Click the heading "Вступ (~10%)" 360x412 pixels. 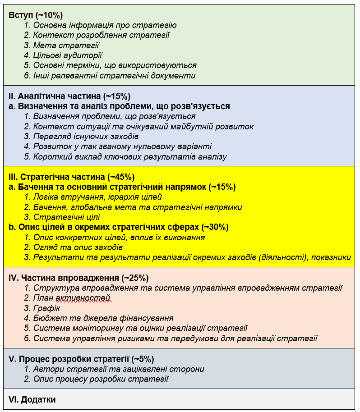(x=36, y=15)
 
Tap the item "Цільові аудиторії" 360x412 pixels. (x=68, y=55)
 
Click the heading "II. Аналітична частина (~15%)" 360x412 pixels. (x=69, y=96)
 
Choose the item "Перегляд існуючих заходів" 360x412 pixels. (x=86, y=137)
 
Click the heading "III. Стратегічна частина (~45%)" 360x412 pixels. (x=72, y=177)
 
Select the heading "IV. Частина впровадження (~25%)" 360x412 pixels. (x=78, y=278)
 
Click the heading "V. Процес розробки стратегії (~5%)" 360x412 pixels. (x=81, y=359)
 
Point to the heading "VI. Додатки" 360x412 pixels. (x=32, y=400)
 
